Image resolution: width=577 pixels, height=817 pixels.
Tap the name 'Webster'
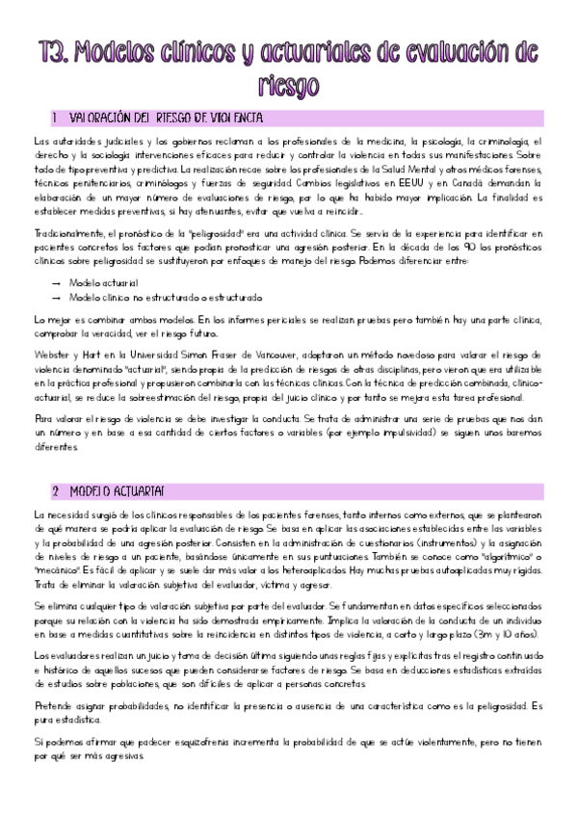coord(49,355)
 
